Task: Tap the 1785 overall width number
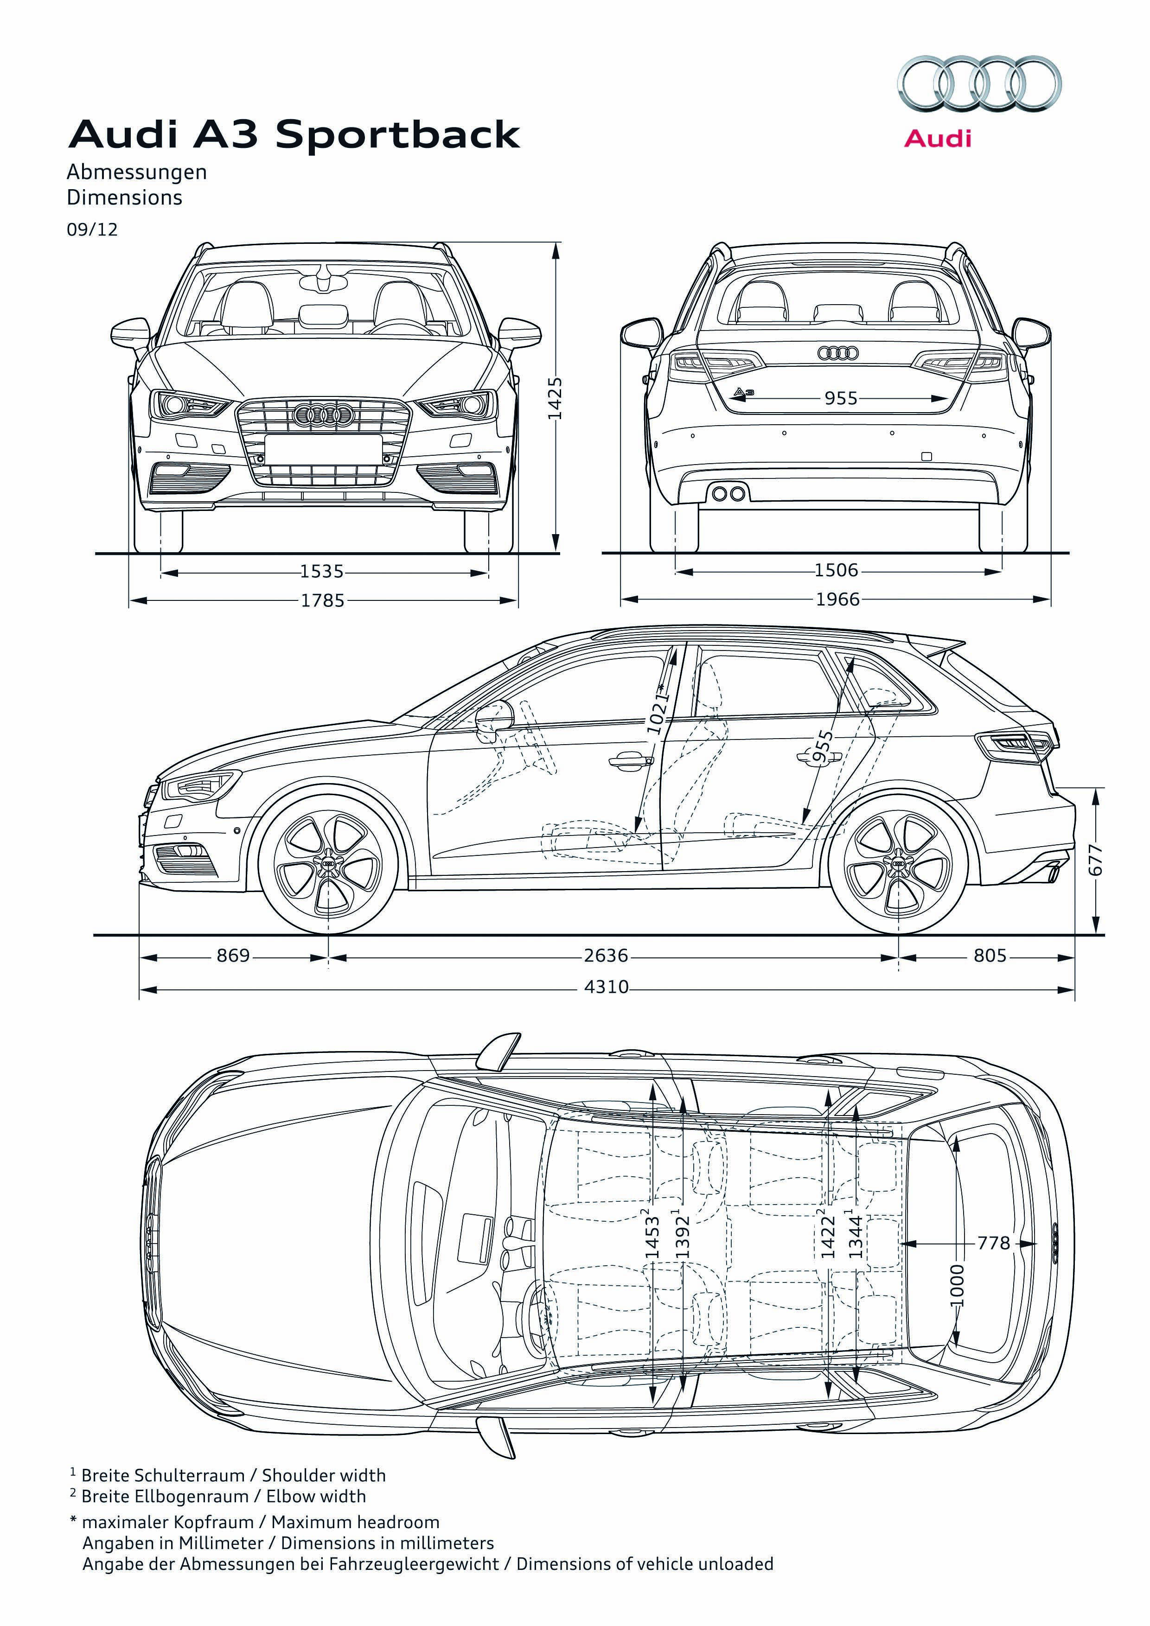[323, 600]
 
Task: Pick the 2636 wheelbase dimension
[606, 956]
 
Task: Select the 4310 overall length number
[606, 987]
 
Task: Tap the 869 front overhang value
[234, 956]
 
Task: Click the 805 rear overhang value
[990, 956]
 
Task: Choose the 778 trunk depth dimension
[994, 1243]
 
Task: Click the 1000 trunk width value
[957, 1285]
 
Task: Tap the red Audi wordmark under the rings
[938, 138]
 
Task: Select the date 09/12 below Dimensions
[92, 230]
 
